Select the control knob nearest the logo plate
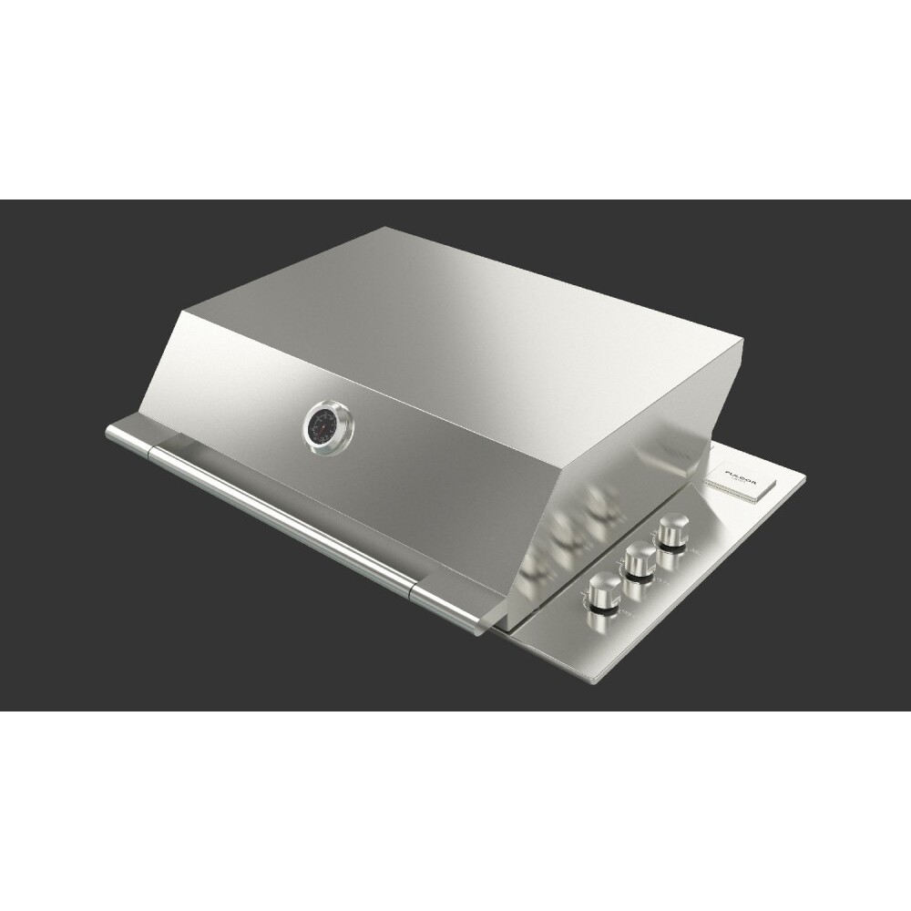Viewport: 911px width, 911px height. click(x=675, y=529)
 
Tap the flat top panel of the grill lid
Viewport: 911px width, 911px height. click(x=455, y=301)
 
